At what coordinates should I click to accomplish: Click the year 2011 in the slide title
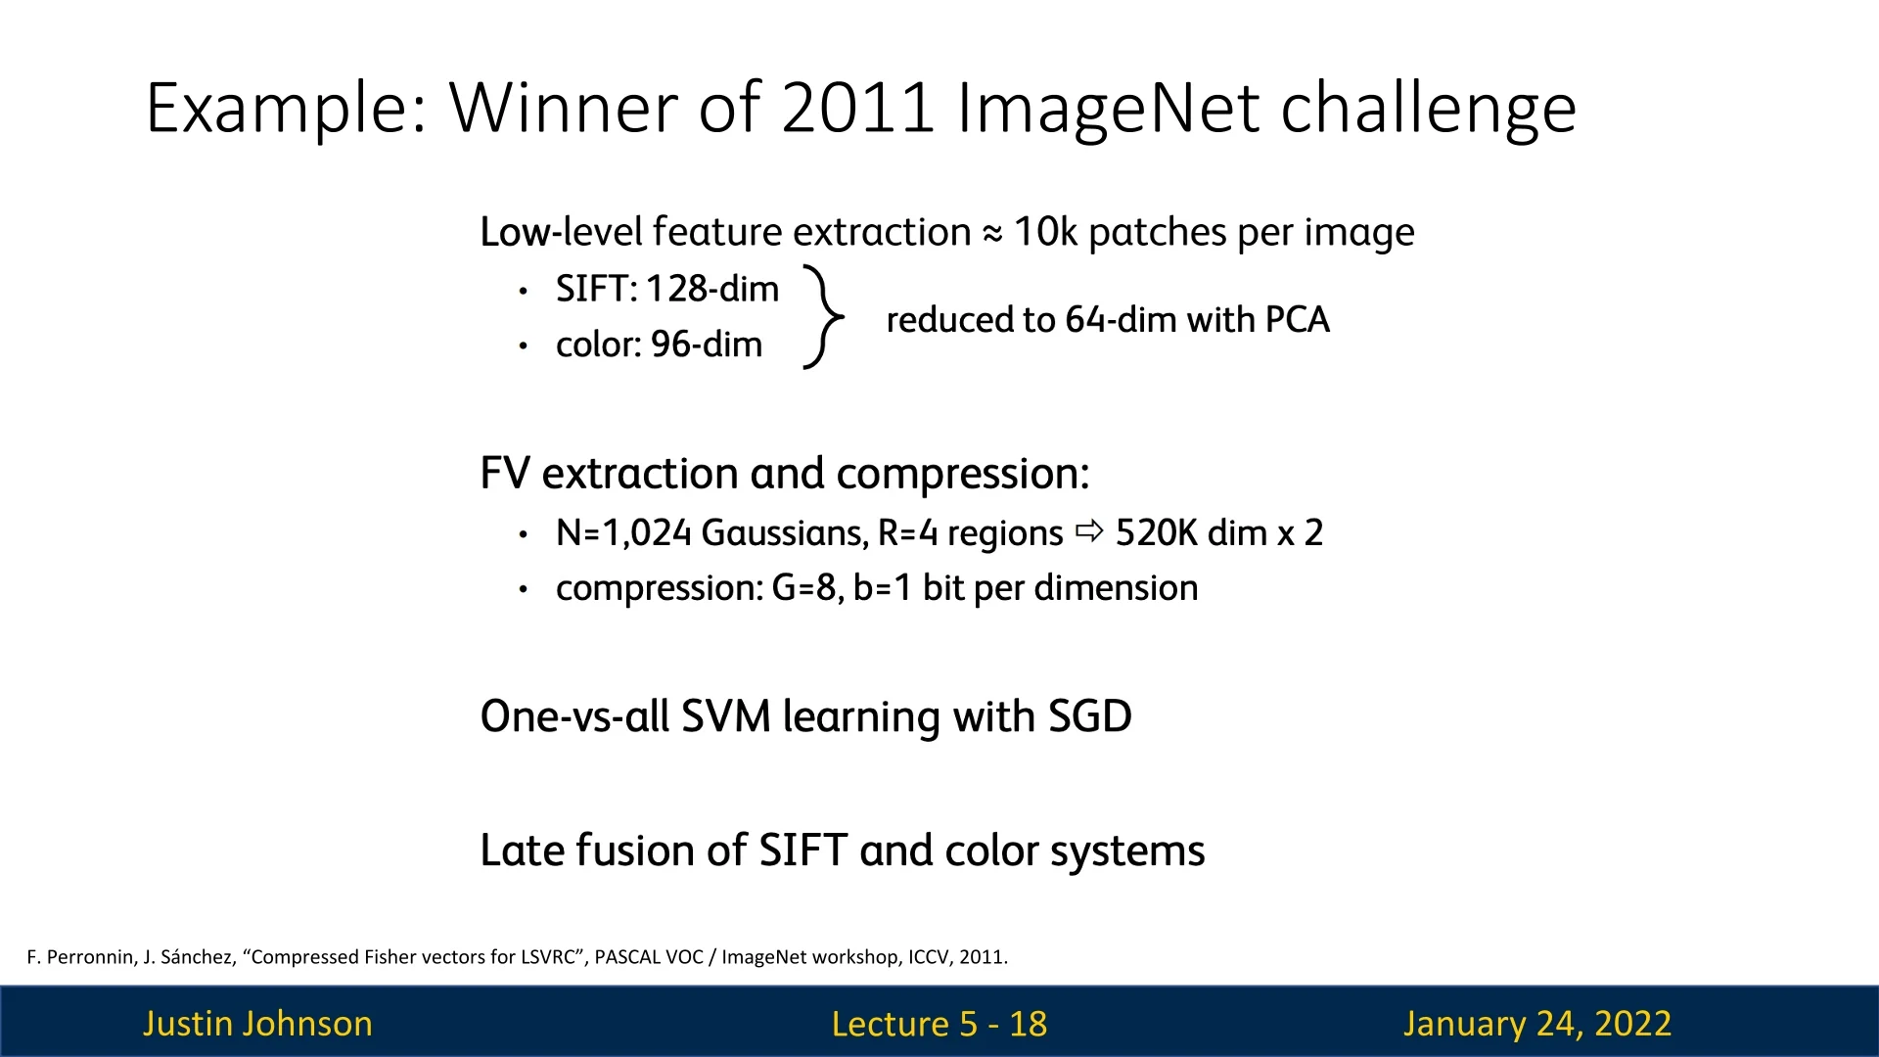click(x=858, y=108)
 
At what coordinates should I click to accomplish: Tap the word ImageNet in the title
click(x=1108, y=108)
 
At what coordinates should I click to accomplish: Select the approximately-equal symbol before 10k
click(x=992, y=234)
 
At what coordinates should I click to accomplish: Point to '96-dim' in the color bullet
click(x=707, y=345)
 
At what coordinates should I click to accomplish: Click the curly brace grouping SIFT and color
click(x=824, y=316)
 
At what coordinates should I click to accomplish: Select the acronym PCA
click(x=1298, y=320)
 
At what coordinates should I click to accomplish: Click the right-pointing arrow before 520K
click(x=1089, y=531)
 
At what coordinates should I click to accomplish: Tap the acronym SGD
click(x=1090, y=716)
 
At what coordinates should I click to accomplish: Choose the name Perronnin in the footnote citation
click(x=91, y=957)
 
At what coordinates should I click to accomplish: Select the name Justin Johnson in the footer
click(x=257, y=1024)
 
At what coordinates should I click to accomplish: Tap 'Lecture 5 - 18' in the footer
click(x=939, y=1024)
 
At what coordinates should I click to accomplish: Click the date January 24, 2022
click(x=1537, y=1024)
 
